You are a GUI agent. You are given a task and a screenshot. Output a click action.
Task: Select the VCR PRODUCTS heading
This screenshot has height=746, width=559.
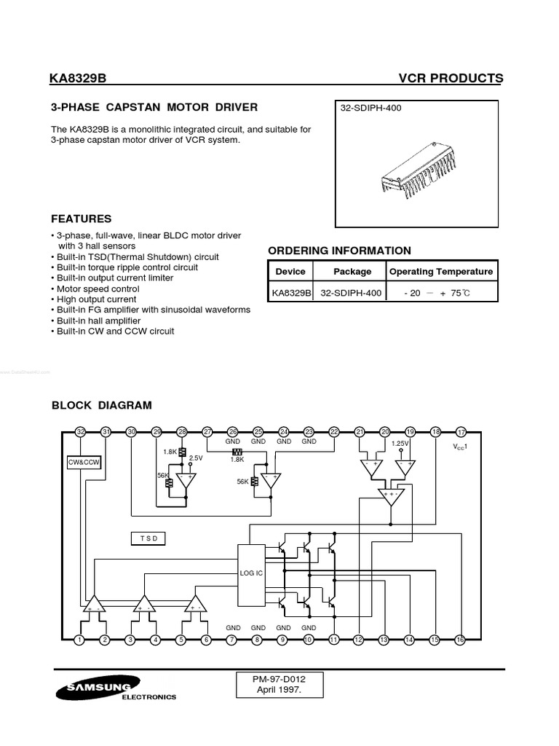click(x=451, y=79)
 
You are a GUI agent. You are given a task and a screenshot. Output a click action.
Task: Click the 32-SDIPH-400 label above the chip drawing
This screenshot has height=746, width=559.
click(x=371, y=109)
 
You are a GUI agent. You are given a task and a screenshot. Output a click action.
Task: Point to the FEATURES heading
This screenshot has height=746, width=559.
click(x=81, y=219)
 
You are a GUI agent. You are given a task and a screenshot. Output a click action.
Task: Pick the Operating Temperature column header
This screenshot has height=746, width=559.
click(x=442, y=272)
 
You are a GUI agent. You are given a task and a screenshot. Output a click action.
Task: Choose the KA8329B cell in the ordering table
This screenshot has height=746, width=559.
click(x=291, y=293)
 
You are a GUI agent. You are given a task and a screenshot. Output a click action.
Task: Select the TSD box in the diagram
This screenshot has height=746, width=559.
click(x=148, y=538)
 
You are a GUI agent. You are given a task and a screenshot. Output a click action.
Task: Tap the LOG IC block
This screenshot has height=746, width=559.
click(x=251, y=573)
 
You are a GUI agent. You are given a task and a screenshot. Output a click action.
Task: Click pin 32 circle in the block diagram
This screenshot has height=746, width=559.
click(x=81, y=432)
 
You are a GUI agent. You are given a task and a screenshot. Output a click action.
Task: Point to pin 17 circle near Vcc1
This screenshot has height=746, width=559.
click(x=460, y=432)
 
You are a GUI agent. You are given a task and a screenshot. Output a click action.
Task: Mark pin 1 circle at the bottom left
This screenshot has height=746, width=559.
click(x=79, y=640)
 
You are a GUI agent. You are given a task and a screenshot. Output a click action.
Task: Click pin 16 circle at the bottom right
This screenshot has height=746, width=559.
click(x=460, y=640)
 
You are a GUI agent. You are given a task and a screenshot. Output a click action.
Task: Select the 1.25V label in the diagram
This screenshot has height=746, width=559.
click(x=400, y=444)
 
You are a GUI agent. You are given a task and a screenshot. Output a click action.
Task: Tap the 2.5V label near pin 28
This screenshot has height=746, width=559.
click(x=196, y=458)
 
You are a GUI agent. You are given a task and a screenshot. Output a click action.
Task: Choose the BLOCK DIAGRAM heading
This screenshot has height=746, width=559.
click(x=101, y=405)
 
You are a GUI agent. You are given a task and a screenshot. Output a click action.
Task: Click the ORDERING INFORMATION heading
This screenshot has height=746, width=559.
click(x=339, y=251)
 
